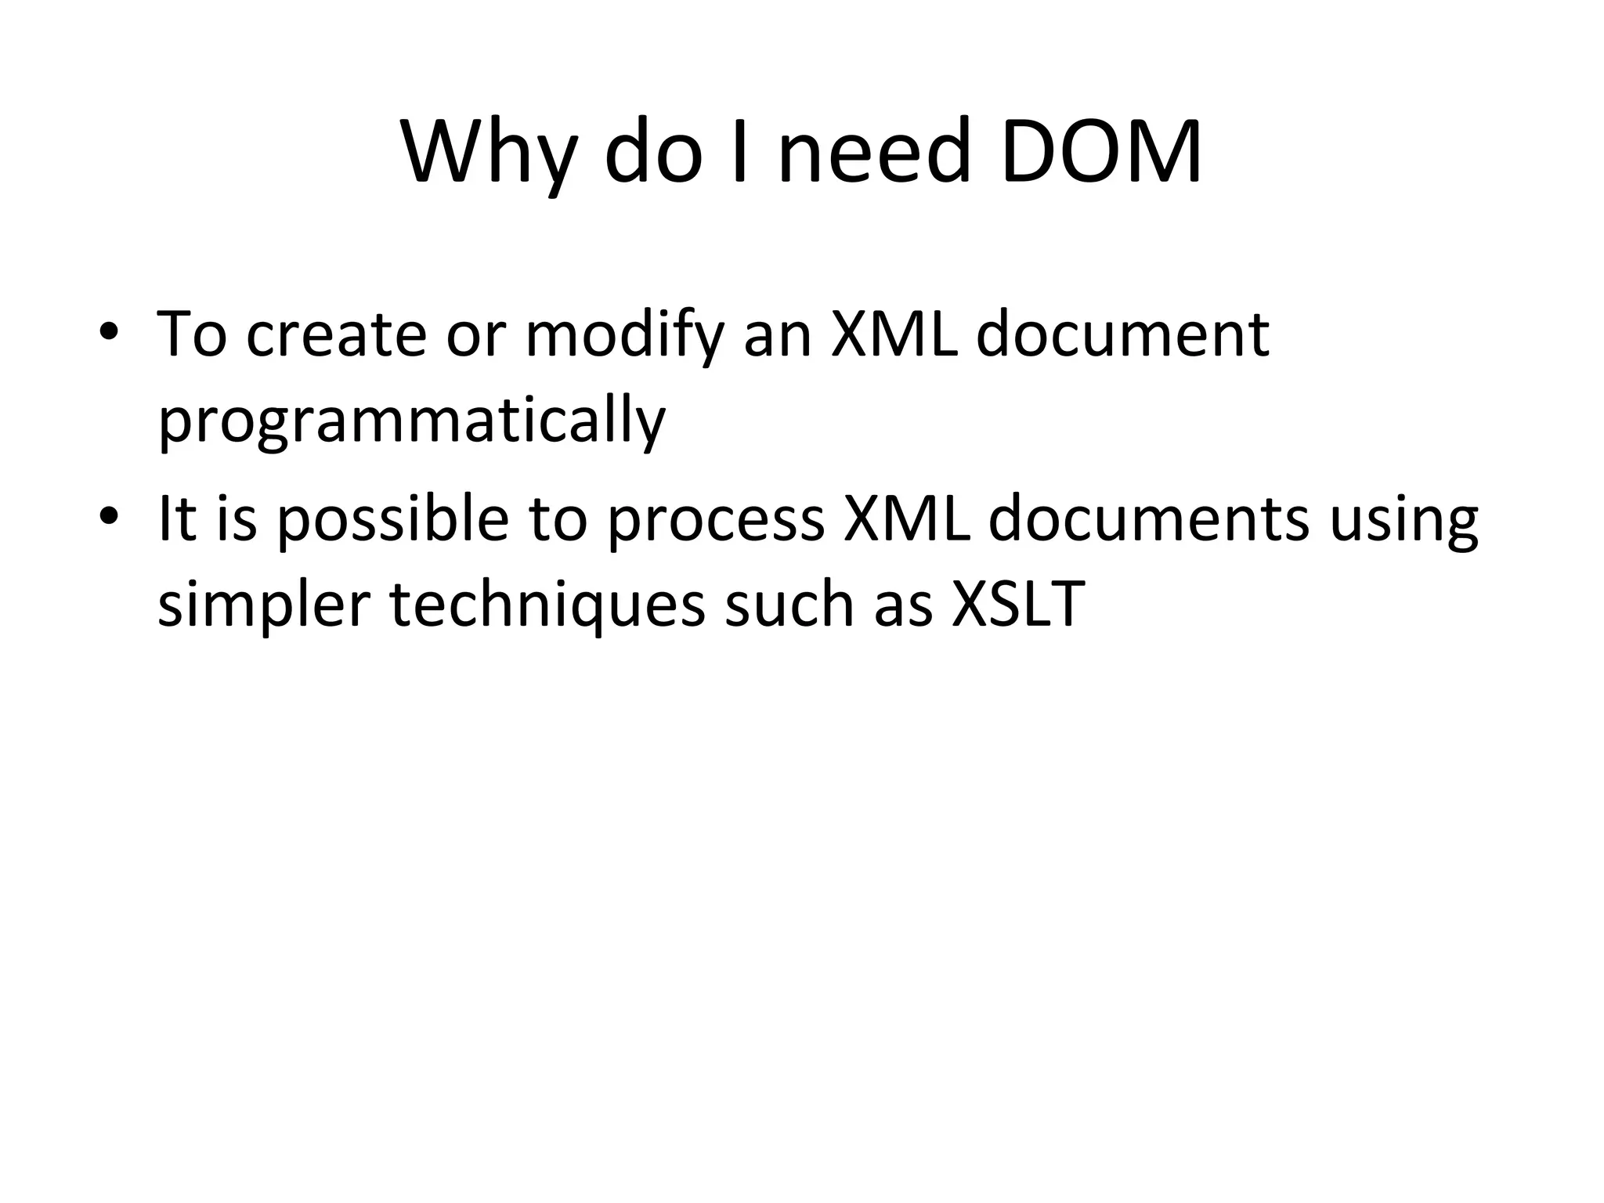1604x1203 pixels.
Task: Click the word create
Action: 336,334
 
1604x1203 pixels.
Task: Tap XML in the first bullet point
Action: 893,334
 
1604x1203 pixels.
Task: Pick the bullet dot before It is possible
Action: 109,516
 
